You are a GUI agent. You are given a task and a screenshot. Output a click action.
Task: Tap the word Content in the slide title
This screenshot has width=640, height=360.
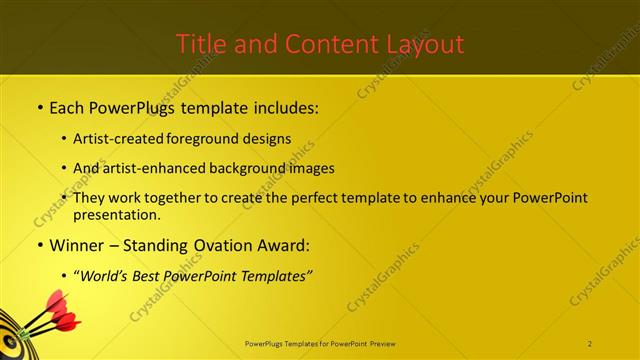pyautogui.click(x=322, y=44)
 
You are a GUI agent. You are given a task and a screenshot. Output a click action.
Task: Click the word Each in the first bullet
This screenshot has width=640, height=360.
pyautogui.click(x=67, y=105)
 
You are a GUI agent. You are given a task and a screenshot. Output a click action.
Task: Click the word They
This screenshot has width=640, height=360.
pyautogui.click(x=90, y=198)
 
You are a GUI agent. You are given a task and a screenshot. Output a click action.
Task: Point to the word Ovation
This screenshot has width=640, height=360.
pyautogui.click(x=222, y=244)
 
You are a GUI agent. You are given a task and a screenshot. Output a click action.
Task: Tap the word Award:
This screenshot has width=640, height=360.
pyautogui.click(x=283, y=244)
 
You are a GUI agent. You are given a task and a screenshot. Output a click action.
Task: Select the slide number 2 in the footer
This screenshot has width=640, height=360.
pyautogui.click(x=589, y=344)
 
